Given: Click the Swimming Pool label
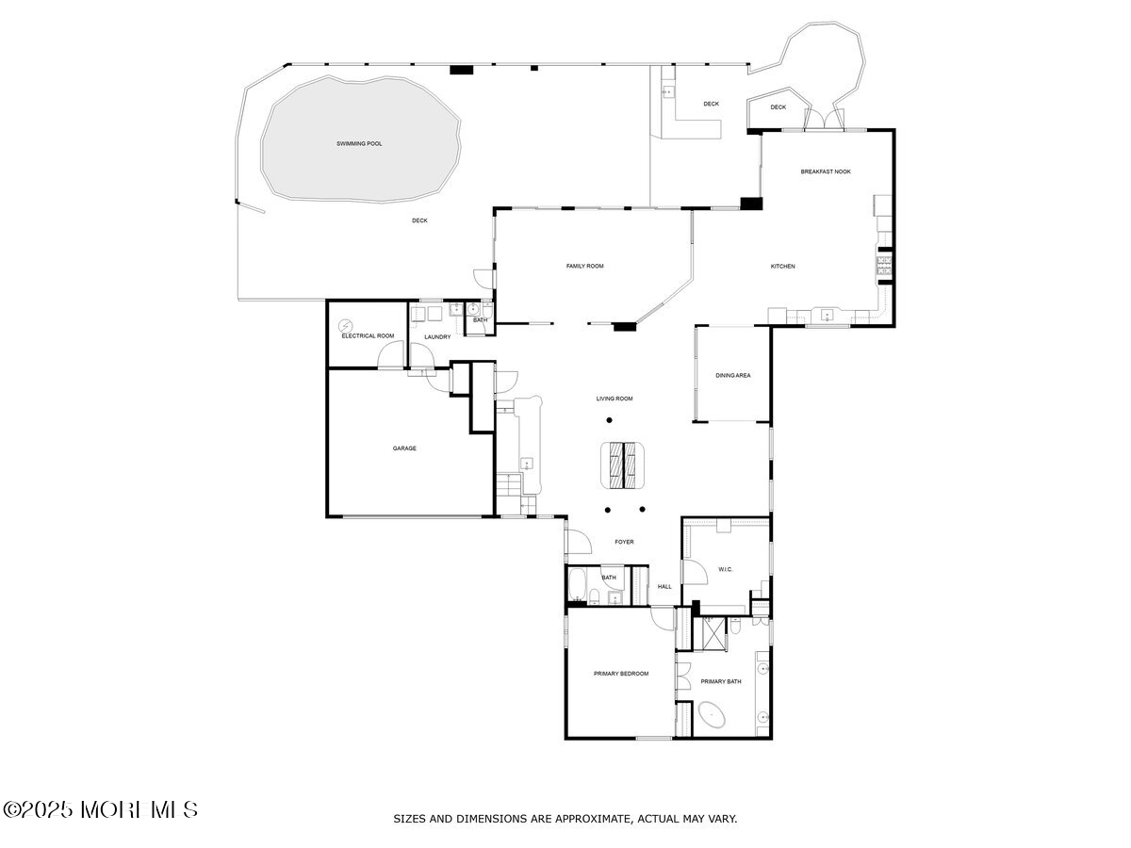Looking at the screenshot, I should pyautogui.click(x=360, y=144).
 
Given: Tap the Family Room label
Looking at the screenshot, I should pyautogui.click(x=584, y=267).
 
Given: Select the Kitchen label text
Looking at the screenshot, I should pyautogui.click(x=782, y=267).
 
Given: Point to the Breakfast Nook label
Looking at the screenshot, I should pyautogui.click(x=826, y=171).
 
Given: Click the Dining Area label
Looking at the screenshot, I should pyautogui.click(x=732, y=376).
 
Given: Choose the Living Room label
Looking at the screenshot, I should pyautogui.click(x=614, y=399).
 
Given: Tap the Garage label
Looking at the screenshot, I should pyautogui.click(x=404, y=448).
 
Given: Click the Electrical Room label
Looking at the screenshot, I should pyautogui.click(x=368, y=336).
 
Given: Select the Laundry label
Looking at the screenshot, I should pyautogui.click(x=436, y=336).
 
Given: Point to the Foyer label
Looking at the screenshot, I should pyautogui.click(x=624, y=543).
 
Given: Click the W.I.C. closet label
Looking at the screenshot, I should pyautogui.click(x=726, y=569).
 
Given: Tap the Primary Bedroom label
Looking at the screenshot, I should pyautogui.click(x=621, y=674).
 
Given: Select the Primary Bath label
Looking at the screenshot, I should pyautogui.click(x=721, y=682).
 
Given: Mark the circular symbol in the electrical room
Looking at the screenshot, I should pyautogui.click(x=344, y=324).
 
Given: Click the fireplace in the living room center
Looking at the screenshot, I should pyautogui.click(x=623, y=465).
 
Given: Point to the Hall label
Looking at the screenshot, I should pyautogui.click(x=664, y=587).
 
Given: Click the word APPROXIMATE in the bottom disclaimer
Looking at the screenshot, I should pyautogui.click(x=598, y=819).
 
